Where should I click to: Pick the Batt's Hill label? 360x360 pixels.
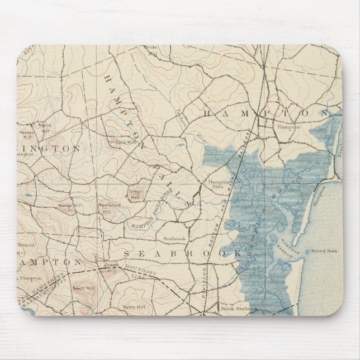[x=129, y=307]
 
